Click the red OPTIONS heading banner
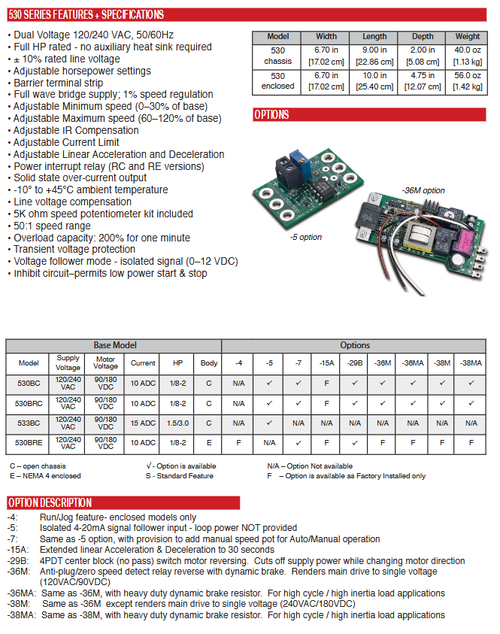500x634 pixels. tap(271, 115)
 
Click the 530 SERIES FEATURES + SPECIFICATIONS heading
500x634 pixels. tap(86, 14)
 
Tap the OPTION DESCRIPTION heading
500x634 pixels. tap(50, 502)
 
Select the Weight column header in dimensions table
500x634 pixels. tap(467, 36)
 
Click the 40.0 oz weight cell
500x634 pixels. tap(467, 56)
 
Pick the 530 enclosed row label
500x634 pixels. tap(277, 80)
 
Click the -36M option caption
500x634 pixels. tap(423, 190)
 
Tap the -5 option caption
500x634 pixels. tap(305, 237)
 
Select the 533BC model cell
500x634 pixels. tap(29, 423)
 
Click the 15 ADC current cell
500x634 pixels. tap(143, 423)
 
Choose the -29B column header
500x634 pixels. tap(355, 363)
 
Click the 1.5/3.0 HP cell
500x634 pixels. tap(177, 423)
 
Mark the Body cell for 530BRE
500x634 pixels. tap(209, 443)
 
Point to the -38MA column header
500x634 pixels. tap(471, 363)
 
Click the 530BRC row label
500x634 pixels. tap(29, 402)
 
